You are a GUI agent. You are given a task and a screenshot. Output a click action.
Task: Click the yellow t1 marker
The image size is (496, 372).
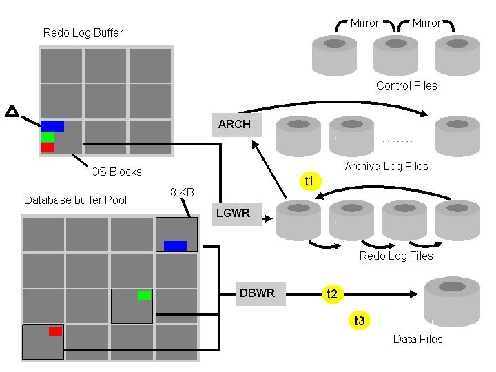(309, 181)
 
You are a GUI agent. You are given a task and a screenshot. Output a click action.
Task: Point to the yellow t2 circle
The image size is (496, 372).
(332, 294)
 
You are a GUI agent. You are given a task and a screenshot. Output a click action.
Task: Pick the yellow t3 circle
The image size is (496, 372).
(359, 320)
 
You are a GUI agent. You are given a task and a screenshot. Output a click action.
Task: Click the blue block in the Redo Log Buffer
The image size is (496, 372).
(52, 126)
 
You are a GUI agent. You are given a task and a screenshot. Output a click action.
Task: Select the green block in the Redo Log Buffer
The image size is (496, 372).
(48, 136)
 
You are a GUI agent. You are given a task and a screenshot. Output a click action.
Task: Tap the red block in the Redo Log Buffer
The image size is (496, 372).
(48, 147)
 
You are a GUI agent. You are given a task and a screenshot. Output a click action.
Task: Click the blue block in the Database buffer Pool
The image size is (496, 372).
(175, 245)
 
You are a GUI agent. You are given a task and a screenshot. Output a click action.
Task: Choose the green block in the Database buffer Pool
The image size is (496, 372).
(144, 295)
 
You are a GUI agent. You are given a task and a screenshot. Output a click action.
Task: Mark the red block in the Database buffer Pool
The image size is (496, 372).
(55, 331)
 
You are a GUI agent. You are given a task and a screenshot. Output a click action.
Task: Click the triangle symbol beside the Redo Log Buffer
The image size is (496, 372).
(11, 111)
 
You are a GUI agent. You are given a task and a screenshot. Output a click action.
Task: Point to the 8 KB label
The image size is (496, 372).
(182, 193)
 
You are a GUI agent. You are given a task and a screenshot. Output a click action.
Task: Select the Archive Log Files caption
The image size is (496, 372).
(386, 166)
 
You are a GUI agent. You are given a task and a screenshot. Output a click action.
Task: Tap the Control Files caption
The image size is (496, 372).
(406, 85)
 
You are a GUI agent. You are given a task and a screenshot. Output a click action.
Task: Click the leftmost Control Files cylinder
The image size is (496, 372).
(335, 55)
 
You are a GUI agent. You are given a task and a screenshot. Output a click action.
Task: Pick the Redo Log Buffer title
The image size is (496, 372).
(83, 32)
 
